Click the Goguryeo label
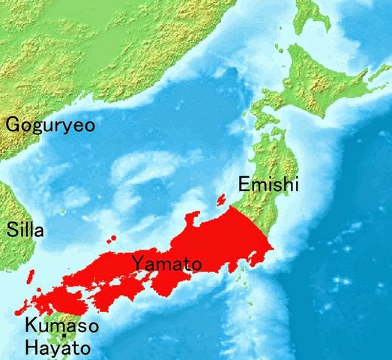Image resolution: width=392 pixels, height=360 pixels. pyautogui.click(x=51, y=124)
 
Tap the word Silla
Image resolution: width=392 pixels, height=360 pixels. pyautogui.click(x=25, y=230)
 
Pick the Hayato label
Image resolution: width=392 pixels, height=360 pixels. pyautogui.click(x=58, y=347)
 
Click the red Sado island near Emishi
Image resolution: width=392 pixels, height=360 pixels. pyautogui.click(x=220, y=199)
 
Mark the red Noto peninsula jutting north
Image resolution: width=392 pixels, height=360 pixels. pyautogui.click(x=193, y=220)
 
